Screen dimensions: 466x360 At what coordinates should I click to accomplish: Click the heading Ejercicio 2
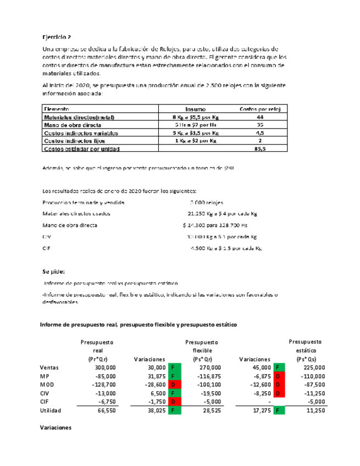click(x=57, y=37)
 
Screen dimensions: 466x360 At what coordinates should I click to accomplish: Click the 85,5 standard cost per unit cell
click(x=260, y=148)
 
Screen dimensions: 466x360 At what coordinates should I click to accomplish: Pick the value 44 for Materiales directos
click(x=260, y=117)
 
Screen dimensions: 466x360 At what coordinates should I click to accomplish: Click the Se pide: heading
click(x=53, y=271)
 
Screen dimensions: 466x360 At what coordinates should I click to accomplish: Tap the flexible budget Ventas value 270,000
click(x=208, y=367)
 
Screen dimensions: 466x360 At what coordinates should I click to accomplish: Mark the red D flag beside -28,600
click(x=172, y=385)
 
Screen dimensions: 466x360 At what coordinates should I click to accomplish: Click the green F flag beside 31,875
click(x=172, y=376)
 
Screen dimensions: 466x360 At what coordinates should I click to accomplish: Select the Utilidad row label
click(x=52, y=410)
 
